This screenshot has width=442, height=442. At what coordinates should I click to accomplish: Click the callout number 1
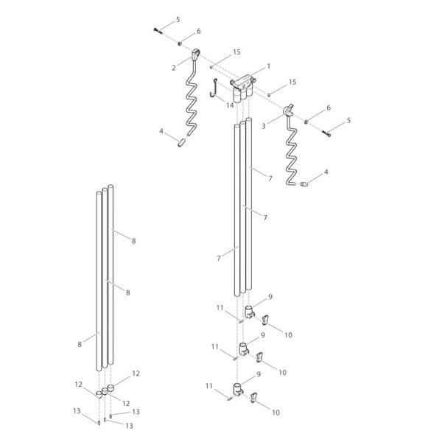click(268, 66)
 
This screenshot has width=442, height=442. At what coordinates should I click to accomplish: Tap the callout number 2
click(174, 67)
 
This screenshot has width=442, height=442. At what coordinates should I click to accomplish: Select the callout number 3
click(264, 127)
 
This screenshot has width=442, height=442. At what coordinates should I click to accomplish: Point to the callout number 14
click(231, 105)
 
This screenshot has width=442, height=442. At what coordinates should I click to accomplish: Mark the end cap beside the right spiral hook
click(304, 184)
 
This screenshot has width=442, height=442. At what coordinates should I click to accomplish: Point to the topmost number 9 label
click(270, 296)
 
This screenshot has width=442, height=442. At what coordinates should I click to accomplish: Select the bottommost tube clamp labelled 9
click(238, 389)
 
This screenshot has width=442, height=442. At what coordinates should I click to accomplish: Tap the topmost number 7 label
click(270, 179)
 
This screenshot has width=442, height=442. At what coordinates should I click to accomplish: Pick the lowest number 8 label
click(80, 344)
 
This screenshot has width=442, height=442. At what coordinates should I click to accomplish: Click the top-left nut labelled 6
click(179, 41)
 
